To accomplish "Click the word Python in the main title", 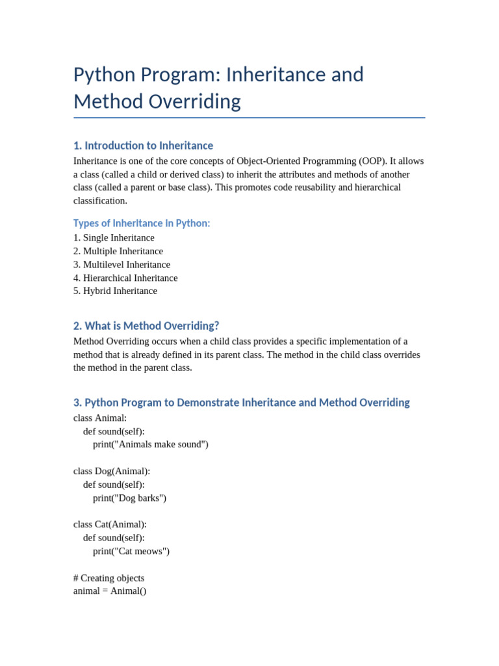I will [103, 75].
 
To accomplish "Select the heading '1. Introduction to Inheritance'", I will [143, 146].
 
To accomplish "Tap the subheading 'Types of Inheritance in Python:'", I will [142, 223].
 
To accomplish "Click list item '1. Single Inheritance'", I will [114, 238].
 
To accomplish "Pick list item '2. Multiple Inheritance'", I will [118, 251].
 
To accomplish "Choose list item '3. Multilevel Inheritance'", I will [122, 265].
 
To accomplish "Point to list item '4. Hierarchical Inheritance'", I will [125, 278].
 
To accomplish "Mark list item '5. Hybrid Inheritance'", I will [115, 291].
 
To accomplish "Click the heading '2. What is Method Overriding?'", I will [146, 326].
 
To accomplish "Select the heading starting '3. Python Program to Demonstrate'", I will [241, 403].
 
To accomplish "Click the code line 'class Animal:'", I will [100, 418].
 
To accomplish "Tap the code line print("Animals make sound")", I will [151, 444].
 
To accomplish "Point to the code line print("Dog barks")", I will [129, 498].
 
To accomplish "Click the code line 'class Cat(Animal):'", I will [110, 524].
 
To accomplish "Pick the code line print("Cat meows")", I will [131, 551].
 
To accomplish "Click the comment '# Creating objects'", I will [109, 578].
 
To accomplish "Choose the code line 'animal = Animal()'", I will [110, 591].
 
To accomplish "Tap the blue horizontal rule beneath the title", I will [249, 118].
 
